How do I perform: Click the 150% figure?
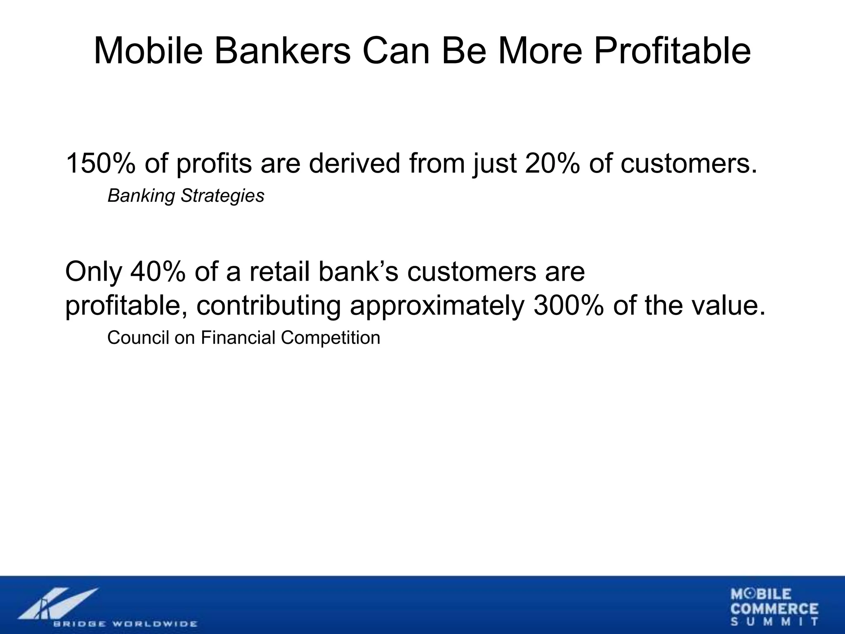coord(101,163)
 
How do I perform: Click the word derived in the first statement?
coord(354,163)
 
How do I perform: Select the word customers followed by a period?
coord(689,163)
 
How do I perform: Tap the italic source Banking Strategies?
coord(186,196)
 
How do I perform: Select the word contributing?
coord(268,306)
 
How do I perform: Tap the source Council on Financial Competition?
coord(243,338)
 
